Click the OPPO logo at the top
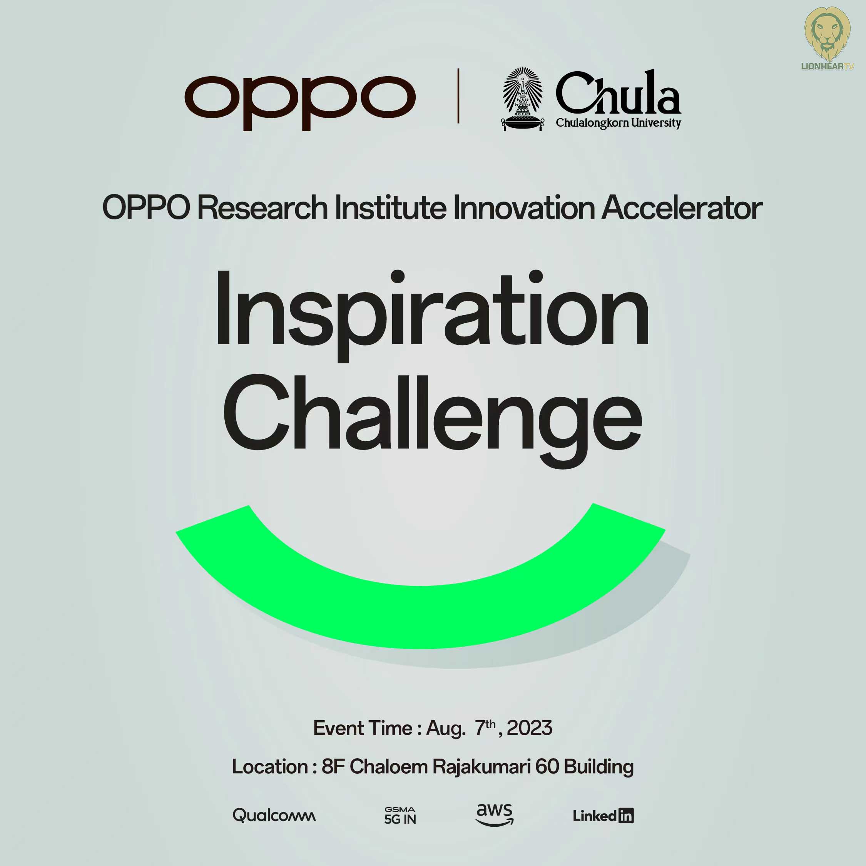[300, 103]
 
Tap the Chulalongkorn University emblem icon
[523, 99]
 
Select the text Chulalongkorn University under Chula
[619, 123]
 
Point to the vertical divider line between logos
[458, 95]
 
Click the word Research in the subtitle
[262, 207]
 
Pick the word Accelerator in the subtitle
[682, 207]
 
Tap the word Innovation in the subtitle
[524, 207]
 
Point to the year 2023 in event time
[529, 728]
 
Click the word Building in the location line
[599, 767]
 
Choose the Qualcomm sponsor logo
[274, 815]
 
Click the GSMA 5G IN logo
[400, 815]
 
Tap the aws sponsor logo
[495, 814]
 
